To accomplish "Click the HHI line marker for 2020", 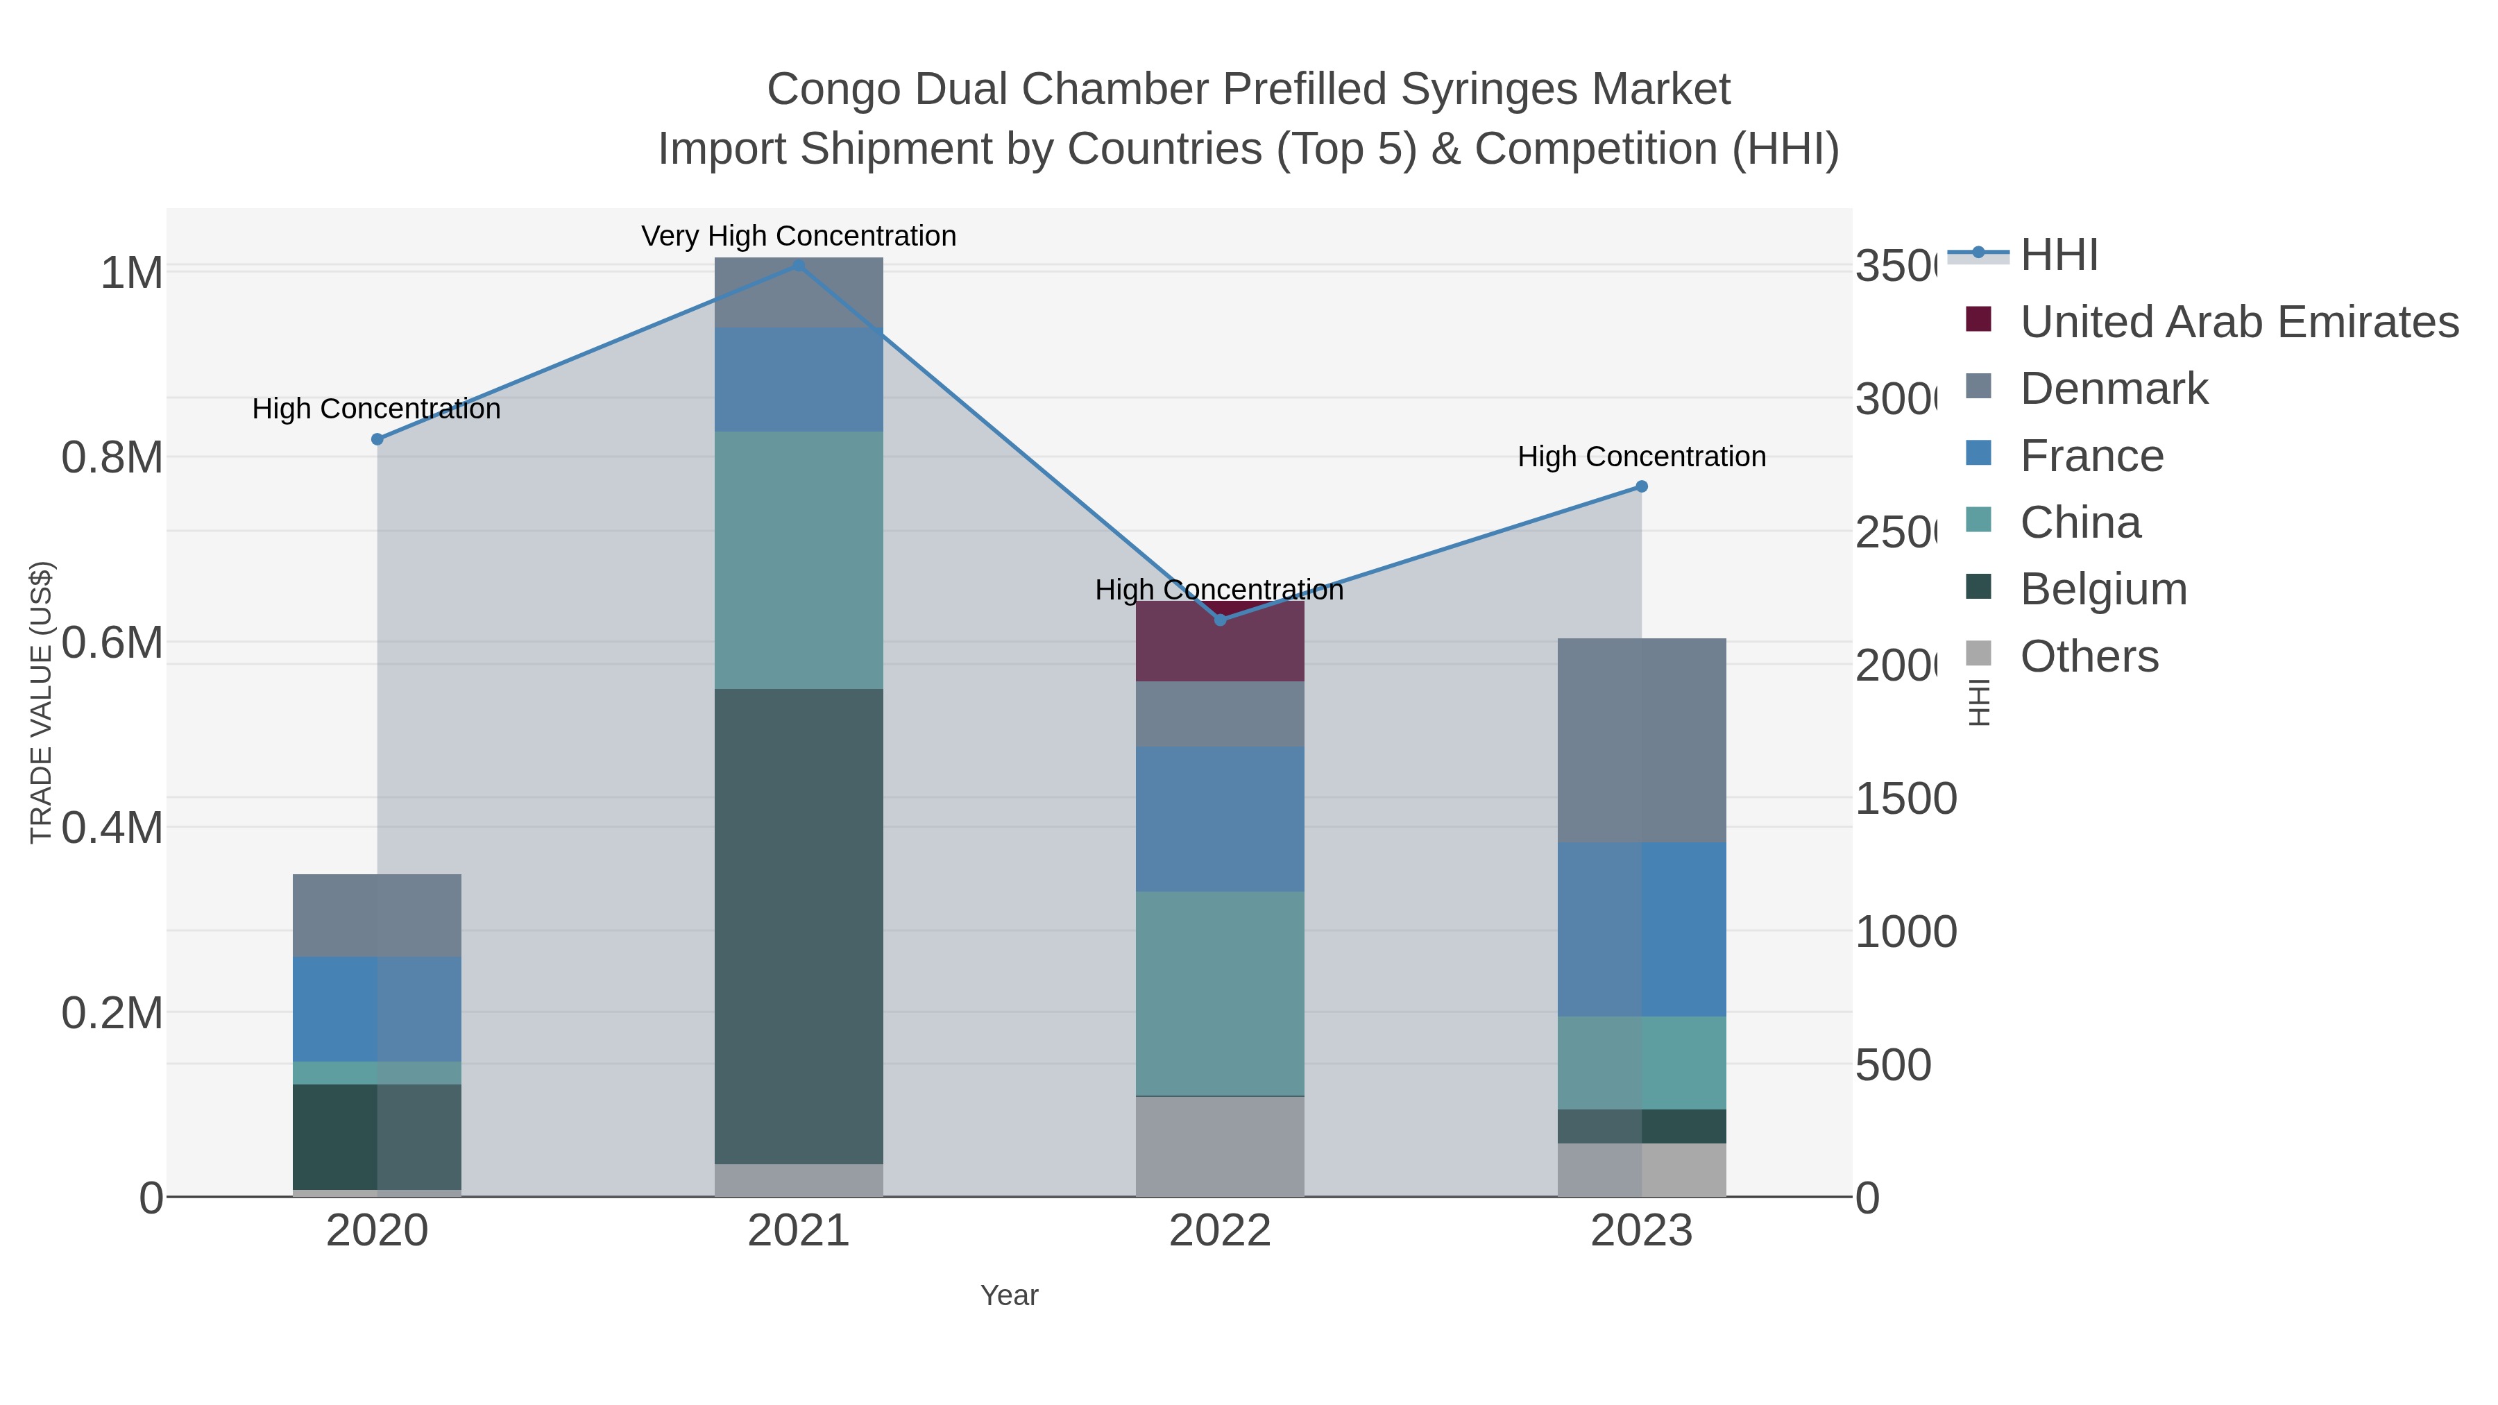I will (x=377, y=439).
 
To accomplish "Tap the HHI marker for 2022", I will (x=1220, y=620).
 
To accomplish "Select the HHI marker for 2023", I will (x=1641, y=487).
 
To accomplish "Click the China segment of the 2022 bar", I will (x=1220, y=993).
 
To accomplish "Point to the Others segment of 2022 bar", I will (x=1220, y=1146).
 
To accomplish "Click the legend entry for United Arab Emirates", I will (x=2238, y=322).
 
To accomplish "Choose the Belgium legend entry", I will (x=2102, y=590).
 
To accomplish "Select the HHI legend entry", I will (x=2058, y=255).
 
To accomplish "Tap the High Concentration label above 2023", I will (x=1641, y=457).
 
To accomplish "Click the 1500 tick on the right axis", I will (x=1905, y=799).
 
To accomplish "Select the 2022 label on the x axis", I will (x=1220, y=1232).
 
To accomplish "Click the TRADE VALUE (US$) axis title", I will (x=41, y=702).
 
